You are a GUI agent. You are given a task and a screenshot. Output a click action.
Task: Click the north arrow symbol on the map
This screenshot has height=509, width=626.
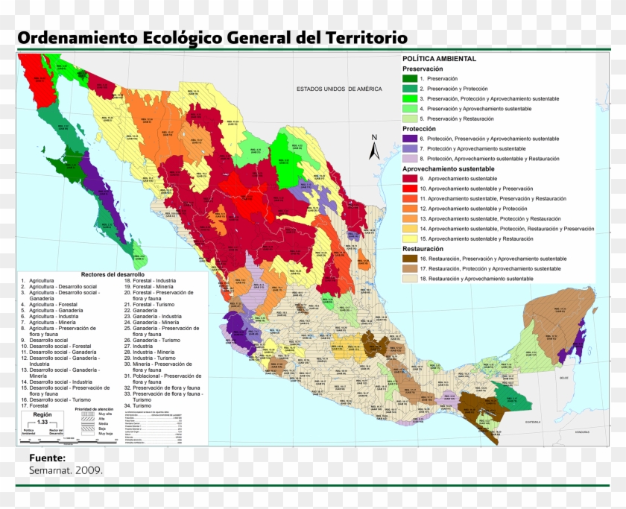click(375, 151)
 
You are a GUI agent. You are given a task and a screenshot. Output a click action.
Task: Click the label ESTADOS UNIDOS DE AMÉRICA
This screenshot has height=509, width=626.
click(339, 89)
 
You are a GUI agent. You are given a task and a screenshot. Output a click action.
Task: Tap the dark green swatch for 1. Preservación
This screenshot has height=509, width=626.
click(410, 78)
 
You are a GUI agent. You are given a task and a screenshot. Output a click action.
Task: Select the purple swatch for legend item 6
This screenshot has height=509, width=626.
click(410, 139)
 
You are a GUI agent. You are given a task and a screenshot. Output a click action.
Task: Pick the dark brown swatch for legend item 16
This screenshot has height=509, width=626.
click(410, 258)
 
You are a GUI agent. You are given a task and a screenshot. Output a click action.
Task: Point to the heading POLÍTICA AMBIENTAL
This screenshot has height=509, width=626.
click(439, 58)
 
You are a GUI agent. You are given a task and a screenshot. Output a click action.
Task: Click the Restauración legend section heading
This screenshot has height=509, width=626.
click(423, 248)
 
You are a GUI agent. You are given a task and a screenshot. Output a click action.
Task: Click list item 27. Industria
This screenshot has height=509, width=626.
click(142, 346)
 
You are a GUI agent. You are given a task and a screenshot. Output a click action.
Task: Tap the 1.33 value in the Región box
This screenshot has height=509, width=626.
click(42, 423)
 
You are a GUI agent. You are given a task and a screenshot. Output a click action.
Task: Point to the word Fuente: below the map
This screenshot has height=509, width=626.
click(47, 458)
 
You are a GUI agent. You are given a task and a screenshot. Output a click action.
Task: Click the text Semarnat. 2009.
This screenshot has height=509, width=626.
click(66, 470)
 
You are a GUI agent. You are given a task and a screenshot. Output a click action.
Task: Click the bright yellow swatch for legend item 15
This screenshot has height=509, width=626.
click(410, 238)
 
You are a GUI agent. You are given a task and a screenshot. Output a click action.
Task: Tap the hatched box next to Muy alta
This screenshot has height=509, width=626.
click(83, 414)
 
